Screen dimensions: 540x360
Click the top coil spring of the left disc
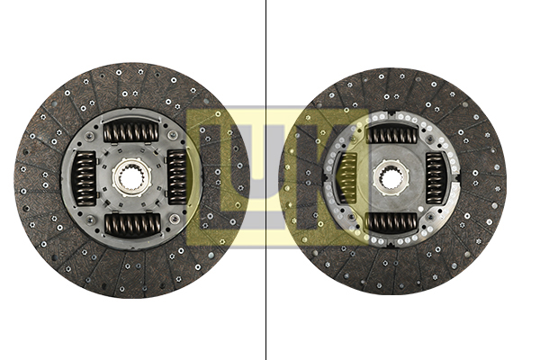tap(131, 132)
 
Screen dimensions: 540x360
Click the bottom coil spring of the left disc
tap(133, 224)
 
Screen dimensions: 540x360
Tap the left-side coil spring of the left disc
tap(85, 178)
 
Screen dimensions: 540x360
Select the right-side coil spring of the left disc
tap(177, 177)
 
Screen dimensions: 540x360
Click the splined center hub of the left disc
tap(131, 177)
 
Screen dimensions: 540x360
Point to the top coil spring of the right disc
tap(392, 134)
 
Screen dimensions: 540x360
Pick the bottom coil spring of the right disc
tap(391, 222)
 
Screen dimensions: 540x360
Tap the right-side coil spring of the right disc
tap(436, 178)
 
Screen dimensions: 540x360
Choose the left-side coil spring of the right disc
tap(347, 178)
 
